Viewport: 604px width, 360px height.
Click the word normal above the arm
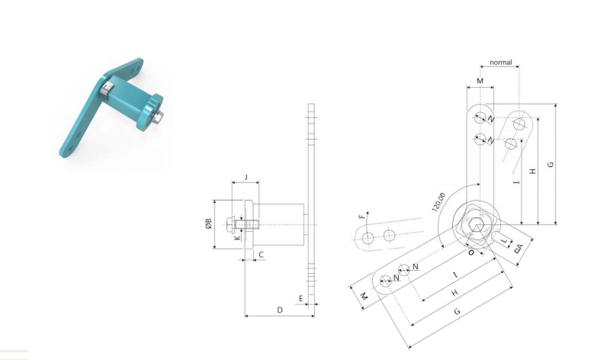pyautogui.click(x=501, y=63)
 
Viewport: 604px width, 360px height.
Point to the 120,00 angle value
pyautogui.click(x=439, y=202)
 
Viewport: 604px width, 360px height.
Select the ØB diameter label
pyautogui.click(x=209, y=223)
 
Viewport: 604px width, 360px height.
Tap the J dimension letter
pyautogui.click(x=246, y=177)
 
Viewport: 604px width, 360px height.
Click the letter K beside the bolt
pyautogui.click(x=237, y=237)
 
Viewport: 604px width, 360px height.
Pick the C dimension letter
pyautogui.click(x=261, y=255)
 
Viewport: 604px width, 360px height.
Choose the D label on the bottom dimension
pyautogui.click(x=280, y=310)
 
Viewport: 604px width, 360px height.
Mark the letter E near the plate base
pyautogui.click(x=300, y=298)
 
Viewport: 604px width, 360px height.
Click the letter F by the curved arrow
pyautogui.click(x=361, y=217)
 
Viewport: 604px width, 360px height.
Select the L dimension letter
pyautogui.click(x=504, y=241)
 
